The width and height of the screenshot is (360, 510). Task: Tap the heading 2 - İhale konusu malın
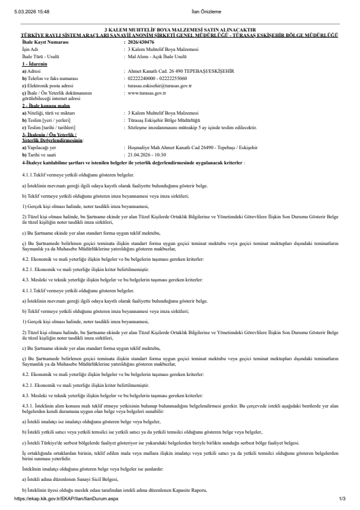[x=44, y=104]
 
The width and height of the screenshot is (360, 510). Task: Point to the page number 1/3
[x=342, y=498]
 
